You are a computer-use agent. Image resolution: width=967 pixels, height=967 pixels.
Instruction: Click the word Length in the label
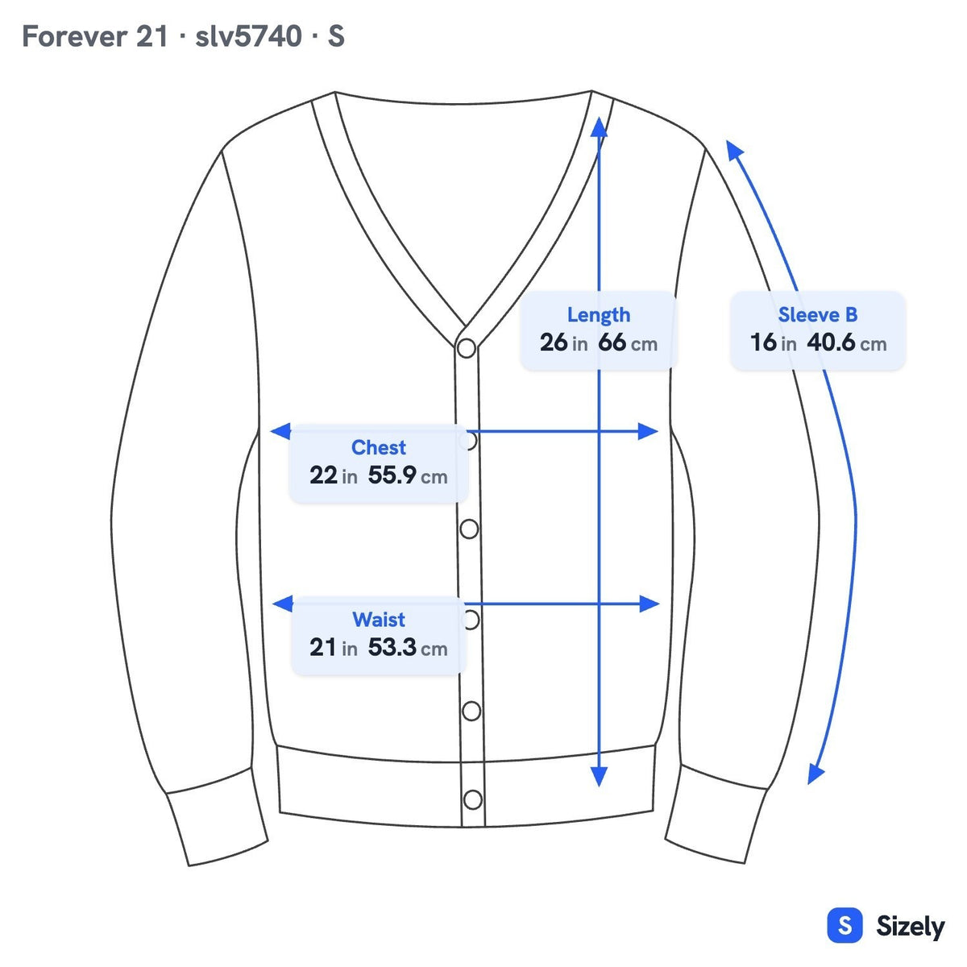(598, 315)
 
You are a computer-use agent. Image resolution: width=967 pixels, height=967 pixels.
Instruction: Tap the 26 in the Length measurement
(554, 342)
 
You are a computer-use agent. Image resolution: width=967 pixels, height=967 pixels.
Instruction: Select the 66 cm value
(627, 342)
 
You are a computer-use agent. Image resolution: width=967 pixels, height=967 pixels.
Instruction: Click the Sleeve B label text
(817, 314)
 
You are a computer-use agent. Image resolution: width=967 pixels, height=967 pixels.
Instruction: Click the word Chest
(379, 447)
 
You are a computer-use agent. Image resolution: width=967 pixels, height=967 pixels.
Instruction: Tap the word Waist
(379, 620)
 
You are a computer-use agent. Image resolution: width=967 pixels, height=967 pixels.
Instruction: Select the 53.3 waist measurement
(392, 647)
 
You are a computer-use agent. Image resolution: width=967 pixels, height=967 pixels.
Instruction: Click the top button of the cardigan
(467, 348)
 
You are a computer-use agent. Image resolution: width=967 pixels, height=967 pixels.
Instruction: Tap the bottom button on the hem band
(473, 800)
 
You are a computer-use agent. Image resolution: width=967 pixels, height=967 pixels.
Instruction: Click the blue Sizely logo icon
(845, 925)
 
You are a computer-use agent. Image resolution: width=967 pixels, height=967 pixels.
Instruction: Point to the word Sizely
(911, 927)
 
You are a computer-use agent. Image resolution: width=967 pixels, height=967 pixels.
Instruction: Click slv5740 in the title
(248, 36)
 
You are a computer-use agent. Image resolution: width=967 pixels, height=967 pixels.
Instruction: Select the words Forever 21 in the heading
(95, 36)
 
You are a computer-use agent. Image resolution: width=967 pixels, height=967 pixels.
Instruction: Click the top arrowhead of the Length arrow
(599, 127)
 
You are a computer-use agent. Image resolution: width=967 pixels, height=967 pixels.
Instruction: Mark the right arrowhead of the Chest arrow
(648, 431)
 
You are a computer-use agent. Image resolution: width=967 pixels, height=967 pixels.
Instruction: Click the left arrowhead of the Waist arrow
(283, 604)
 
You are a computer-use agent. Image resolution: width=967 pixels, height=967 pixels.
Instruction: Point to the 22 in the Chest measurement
(323, 475)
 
